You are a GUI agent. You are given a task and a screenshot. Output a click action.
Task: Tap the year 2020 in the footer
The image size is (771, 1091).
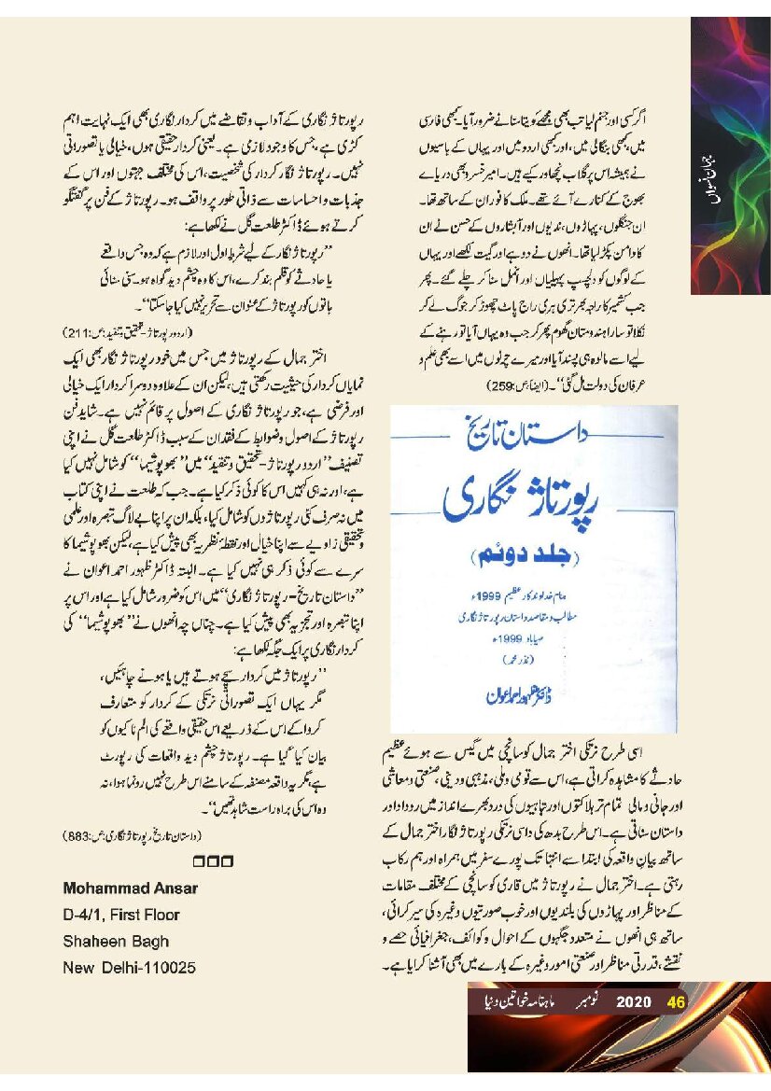tap(633, 1002)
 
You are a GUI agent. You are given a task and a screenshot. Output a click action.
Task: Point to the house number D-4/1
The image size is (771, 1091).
tap(83, 915)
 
